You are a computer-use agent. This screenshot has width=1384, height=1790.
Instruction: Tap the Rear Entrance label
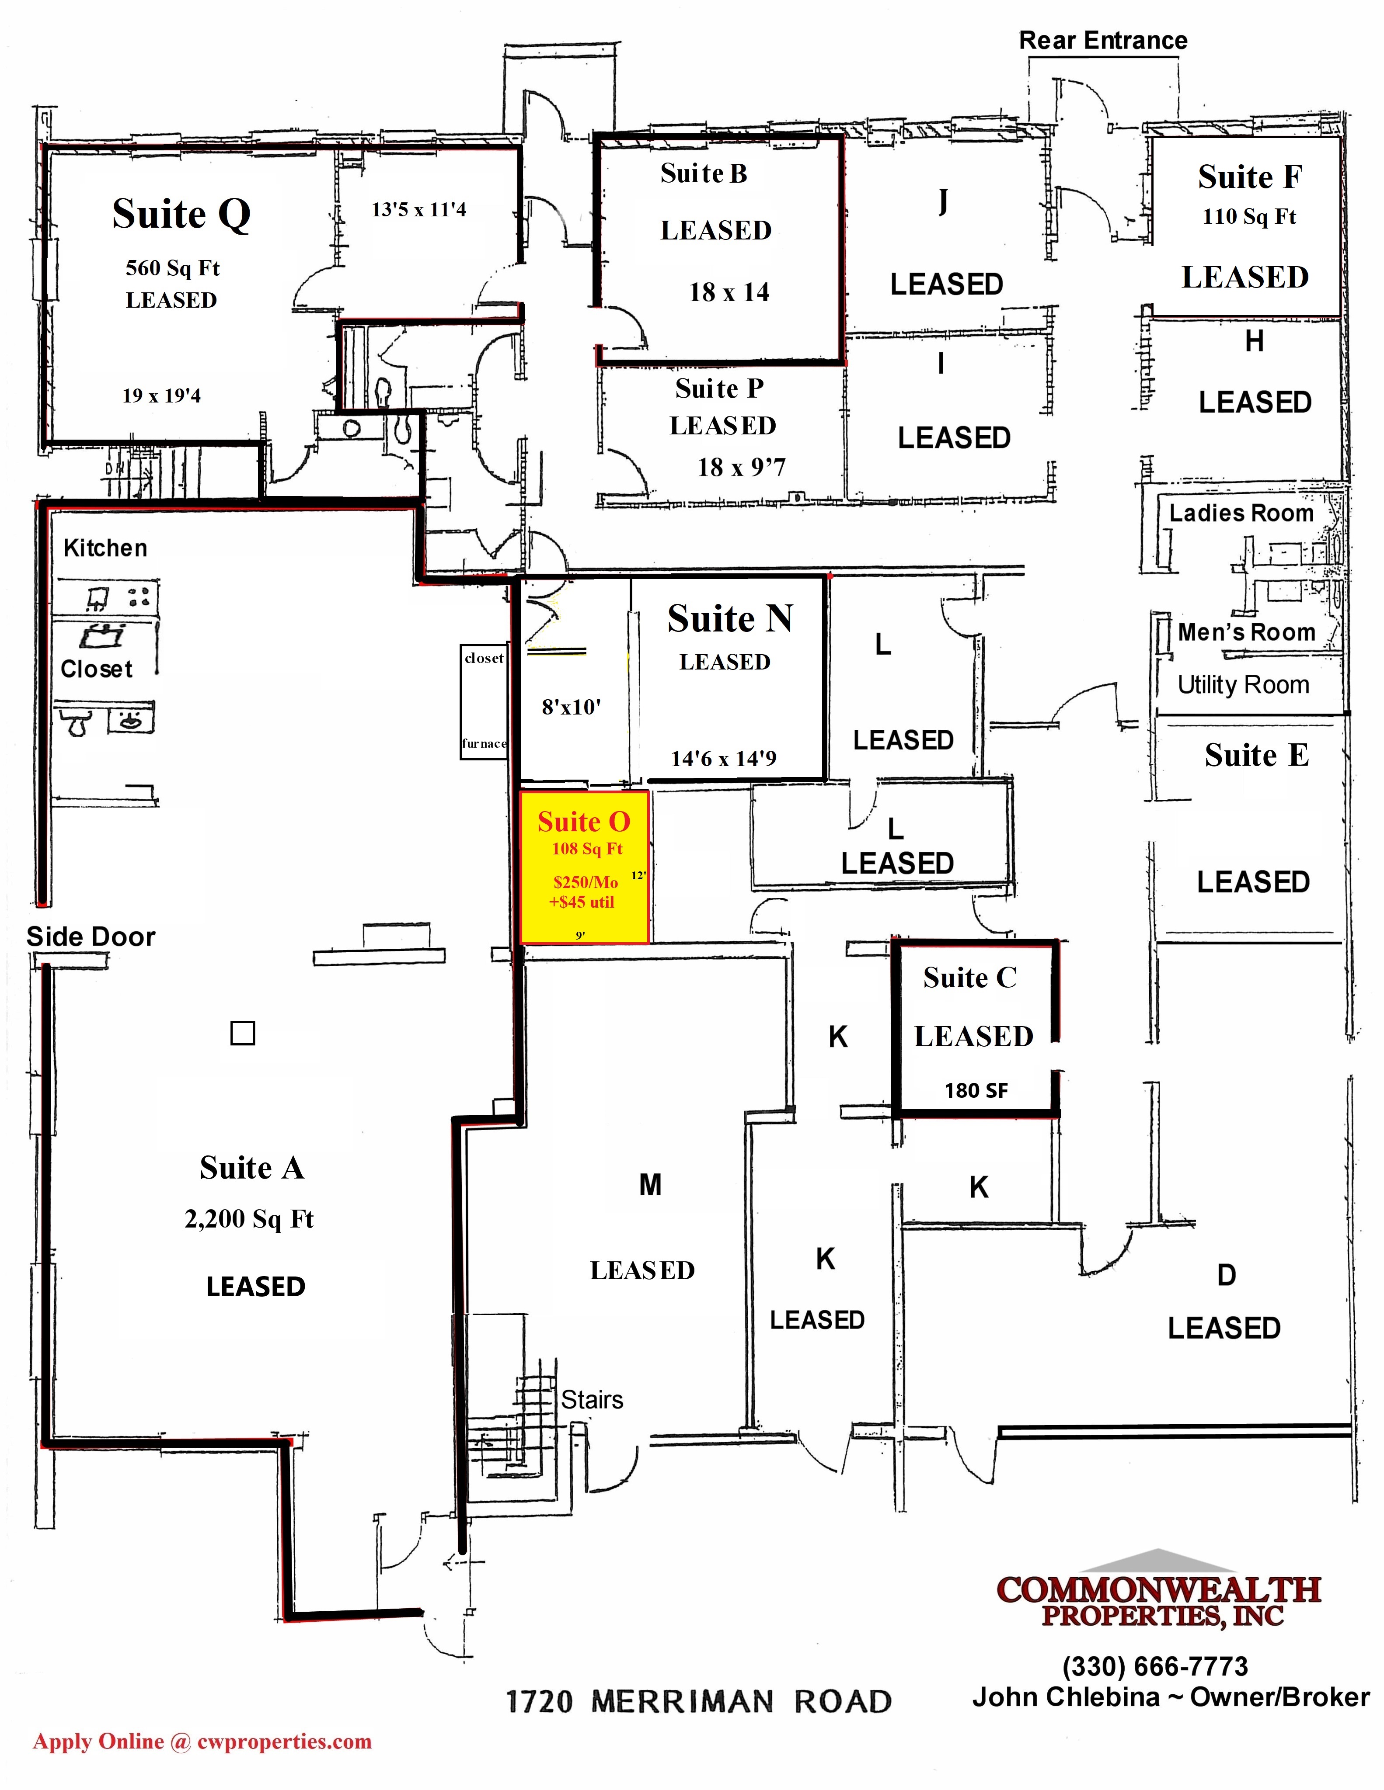click(x=1103, y=40)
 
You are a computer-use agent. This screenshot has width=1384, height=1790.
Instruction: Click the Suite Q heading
click(x=181, y=215)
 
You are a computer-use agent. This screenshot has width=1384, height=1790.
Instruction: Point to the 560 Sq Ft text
click(x=172, y=268)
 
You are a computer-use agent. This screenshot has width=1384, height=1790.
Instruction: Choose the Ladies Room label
click(x=1241, y=513)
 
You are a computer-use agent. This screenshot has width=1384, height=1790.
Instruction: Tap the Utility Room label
click(x=1243, y=685)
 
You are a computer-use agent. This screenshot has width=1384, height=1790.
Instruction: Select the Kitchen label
click(x=105, y=548)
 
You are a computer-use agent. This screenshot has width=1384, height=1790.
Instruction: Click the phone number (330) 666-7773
click(x=1155, y=1666)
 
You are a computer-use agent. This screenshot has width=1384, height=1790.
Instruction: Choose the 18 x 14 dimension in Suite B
click(x=729, y=292)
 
